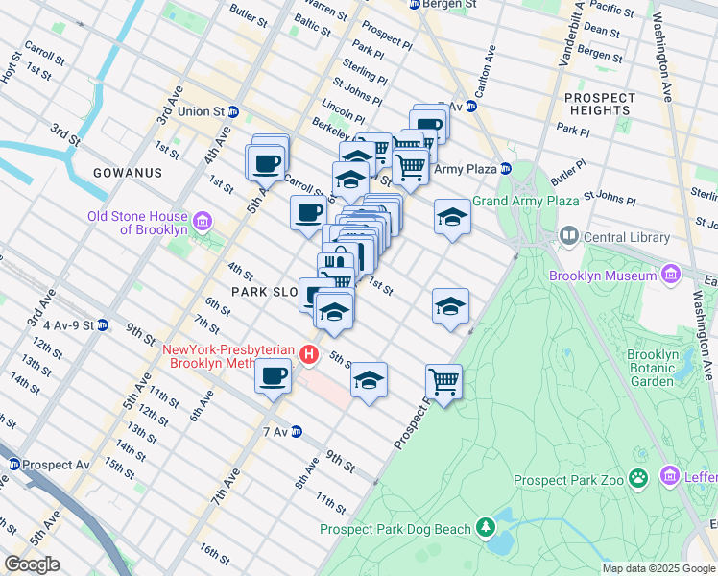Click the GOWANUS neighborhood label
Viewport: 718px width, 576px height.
127,173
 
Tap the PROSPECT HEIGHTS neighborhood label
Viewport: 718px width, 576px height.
600,105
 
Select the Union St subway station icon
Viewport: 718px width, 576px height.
232,111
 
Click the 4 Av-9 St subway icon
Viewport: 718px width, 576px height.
102,324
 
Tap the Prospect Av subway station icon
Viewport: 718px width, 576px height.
13,465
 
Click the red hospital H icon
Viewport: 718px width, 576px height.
308,355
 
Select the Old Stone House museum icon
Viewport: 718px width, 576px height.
202,222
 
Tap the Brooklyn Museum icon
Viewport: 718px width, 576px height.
669,276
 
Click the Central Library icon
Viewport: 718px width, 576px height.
568,236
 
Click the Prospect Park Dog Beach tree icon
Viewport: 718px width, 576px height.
486,527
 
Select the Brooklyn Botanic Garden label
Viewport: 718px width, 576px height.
653,368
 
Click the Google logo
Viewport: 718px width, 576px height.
31,564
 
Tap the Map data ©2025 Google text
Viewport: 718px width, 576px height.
658,568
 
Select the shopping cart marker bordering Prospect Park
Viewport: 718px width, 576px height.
443,380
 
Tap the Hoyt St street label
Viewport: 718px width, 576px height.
9,70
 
